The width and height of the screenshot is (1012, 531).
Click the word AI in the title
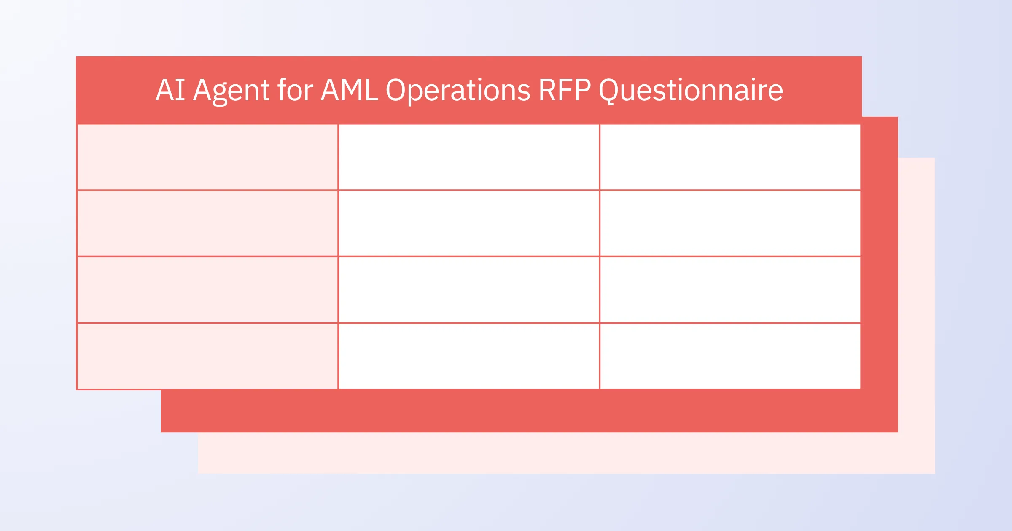[x=170, y=90]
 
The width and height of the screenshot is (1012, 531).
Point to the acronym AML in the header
[x=350, y=90]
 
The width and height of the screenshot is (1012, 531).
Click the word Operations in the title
[x=458, y=91]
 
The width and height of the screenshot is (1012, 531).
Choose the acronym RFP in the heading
[x=565, y=90]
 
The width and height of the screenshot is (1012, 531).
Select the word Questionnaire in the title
[x=691, y=91]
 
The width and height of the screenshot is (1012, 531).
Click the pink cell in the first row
[x=207, y=157]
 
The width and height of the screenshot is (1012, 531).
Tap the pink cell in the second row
[x=207, y=223]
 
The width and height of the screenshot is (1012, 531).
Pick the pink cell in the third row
[x=207, y=290]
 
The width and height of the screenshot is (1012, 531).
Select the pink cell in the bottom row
[x=207, y=356]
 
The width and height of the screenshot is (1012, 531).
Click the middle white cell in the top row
[x=469, y=157]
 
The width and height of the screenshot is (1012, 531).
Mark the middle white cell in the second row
[x=469, y=223]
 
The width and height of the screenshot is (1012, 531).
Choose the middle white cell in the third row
[x=469, y=290]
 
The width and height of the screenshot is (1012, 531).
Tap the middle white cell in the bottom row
[x=469, y=356]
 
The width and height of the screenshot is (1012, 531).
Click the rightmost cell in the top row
[x=730, y=157]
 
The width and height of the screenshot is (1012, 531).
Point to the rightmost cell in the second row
[x=730, y=223]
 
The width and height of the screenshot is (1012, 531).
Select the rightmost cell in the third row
[x=730, y=290]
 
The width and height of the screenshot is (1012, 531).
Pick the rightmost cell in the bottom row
[x=730, y=356]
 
